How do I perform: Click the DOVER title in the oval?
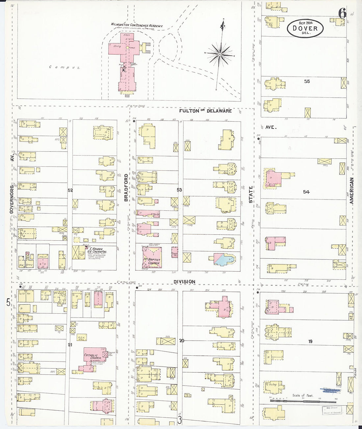point(305,29)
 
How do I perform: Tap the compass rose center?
point(220,53)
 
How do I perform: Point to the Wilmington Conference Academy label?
point(137,25)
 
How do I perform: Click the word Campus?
point(65,67)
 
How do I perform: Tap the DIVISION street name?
point(184,282)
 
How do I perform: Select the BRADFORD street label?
point(126,187)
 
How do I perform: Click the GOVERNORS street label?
point(12,199)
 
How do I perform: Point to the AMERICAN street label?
point(351,191)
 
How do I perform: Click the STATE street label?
point(251,194)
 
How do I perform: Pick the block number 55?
point(307,81)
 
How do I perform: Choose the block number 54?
point(306,192)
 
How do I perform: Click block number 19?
point(310,342)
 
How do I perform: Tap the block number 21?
point(70,345)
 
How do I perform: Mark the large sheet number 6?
point(342,13)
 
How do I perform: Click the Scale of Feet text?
point(303,395)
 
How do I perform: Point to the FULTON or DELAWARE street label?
point(205,111)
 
